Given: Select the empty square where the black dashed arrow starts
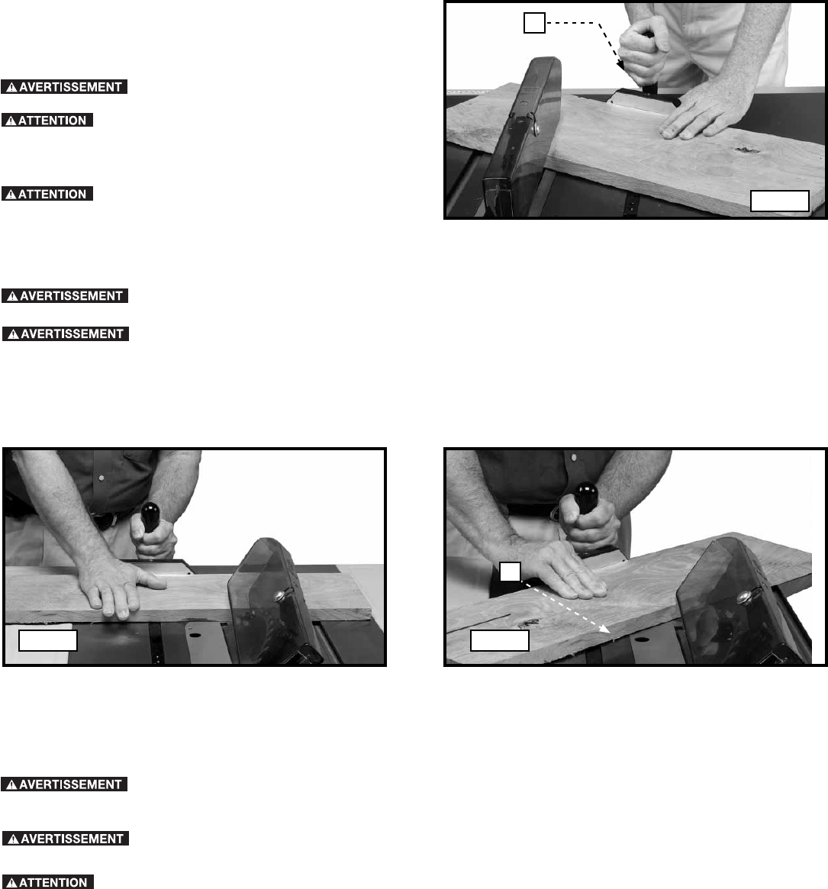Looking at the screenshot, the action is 534,23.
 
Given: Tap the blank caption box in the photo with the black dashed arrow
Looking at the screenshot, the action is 780,201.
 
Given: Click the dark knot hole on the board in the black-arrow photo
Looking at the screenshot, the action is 747,150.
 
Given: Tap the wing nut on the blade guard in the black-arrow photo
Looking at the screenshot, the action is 533,124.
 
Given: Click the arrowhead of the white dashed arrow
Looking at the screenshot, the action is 605,629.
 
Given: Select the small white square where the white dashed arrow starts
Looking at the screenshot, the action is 511,572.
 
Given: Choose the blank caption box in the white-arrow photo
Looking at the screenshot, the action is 500,641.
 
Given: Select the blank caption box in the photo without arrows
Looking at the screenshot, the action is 47,641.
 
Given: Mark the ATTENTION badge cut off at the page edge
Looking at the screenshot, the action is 47,882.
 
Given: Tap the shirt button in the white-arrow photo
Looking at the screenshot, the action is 574,457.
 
